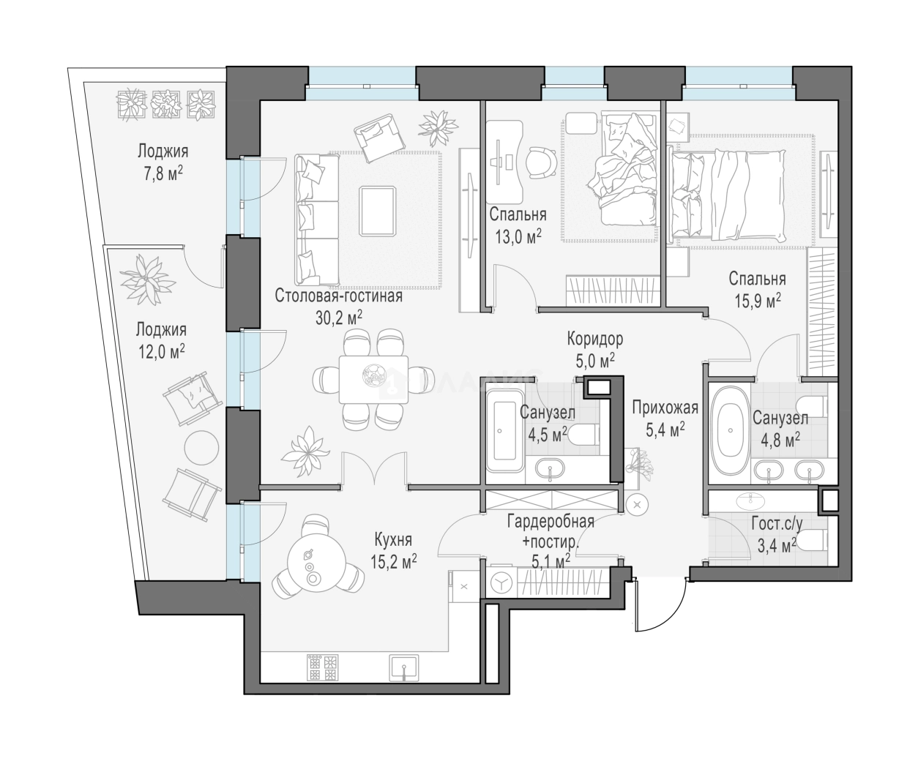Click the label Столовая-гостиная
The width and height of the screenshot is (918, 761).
pyautogui.click(x=338, y=296)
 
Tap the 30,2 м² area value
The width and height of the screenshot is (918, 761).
pyautogui.click(x=338, y=318)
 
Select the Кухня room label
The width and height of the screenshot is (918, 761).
pyautogui.click(x=393, y=539)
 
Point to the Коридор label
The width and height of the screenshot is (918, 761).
pyautogui.click(x=595, y=339)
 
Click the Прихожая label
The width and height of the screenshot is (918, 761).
pyautogui.click(x=665, y=408)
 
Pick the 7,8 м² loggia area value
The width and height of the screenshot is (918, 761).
pyautogui.click(x=163, y=174)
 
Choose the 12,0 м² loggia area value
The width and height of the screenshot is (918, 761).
pyautogui.click(x=162, y=352)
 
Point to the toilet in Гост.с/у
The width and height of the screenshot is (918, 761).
pyautogui.click(x=812, y=541)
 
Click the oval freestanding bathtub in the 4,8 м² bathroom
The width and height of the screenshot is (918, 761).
pyautogui.click(x=731, y=430)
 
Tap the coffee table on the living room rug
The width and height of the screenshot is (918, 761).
pyautogui.click(x=377, y=211)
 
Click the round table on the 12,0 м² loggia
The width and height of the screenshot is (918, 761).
pyautogui.click(x=201, y=448)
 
